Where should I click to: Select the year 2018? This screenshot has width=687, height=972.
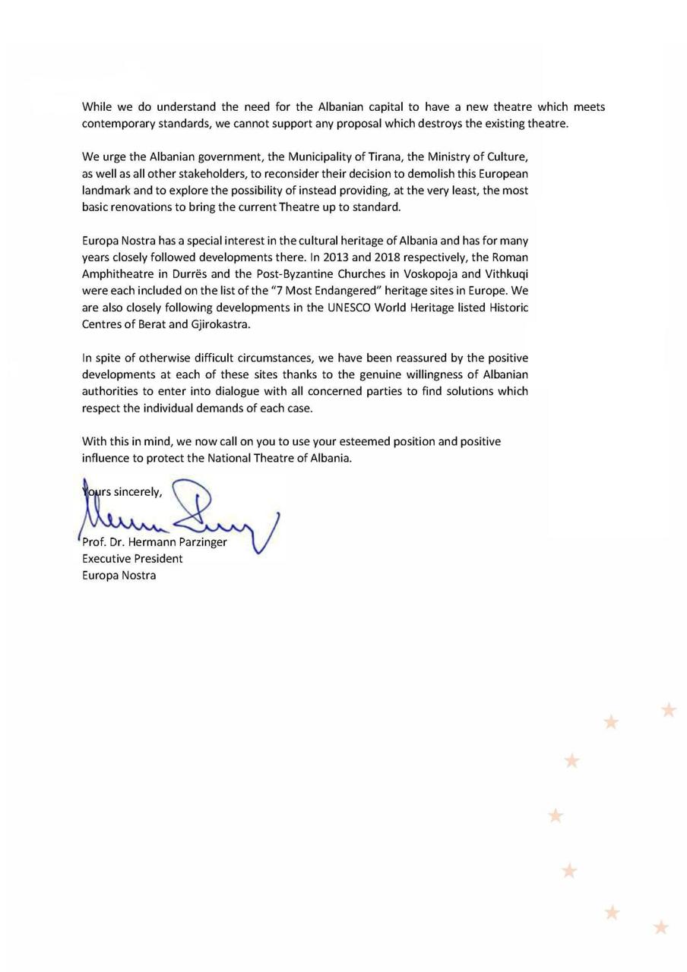pos(388,257)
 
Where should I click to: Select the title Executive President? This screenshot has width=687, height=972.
pos(132,559)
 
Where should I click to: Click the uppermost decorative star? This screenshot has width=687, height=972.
pos(669,710)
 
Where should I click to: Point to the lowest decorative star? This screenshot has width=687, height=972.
pos(661,927)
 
